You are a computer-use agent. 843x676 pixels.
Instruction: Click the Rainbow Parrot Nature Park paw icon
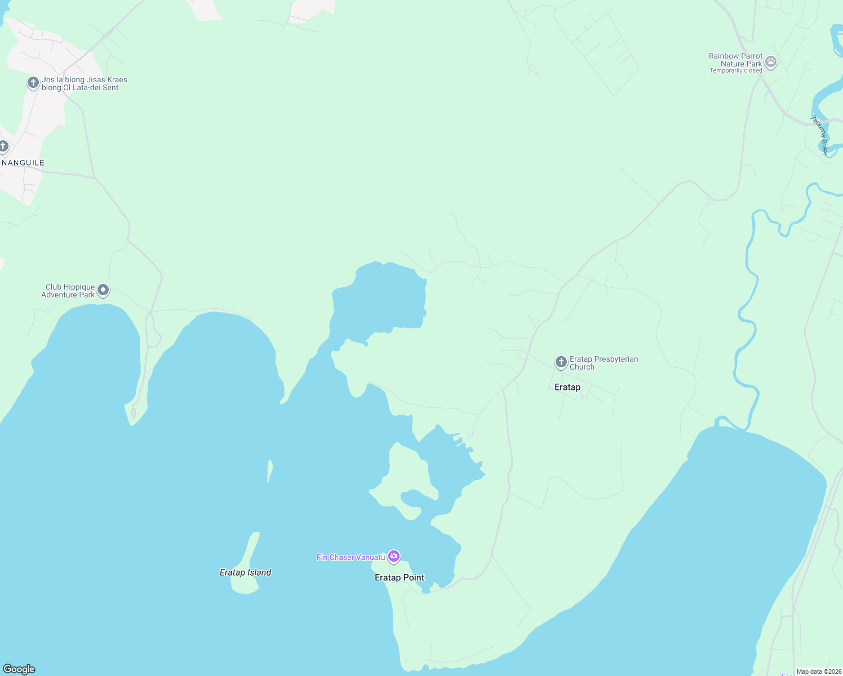click(x=771, y=63)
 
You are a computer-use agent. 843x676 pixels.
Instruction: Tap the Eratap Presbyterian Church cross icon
click(x=561, y=362)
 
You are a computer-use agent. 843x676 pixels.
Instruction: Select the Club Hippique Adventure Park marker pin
click(x=103, y=290)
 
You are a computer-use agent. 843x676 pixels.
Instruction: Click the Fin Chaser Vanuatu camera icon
click(x=394, y=557)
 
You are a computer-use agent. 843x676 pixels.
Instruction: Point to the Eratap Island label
click(x=245, y=572)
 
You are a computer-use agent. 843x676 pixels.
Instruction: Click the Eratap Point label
click(x=400, y=577)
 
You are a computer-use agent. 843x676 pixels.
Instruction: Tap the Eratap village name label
click(x=567, y=387)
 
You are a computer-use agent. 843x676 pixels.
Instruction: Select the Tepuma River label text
click(x=820, y=135)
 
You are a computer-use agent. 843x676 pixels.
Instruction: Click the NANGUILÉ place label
click(x=23, y=163)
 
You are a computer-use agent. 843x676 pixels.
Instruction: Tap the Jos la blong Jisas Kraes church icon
click(x=33, y=83)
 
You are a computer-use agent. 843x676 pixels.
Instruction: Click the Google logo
click(x=19, y=669)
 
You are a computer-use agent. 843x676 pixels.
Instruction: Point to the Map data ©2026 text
click(x=819, y=671)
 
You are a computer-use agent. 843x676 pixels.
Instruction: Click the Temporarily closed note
click(x=735, y=71)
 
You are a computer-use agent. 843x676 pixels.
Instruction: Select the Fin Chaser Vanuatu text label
click(x=350, y=557)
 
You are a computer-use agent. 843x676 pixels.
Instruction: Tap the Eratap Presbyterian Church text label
click(x=604, y=363)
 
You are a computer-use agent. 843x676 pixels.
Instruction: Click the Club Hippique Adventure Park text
click(x=68, y=291)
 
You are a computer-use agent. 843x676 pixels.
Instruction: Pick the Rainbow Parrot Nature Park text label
click(x=735, y=60)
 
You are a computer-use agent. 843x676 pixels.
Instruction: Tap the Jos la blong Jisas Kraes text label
click(x=84, y=83)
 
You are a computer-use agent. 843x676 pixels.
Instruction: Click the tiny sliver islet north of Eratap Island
click(x=270, y=470)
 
